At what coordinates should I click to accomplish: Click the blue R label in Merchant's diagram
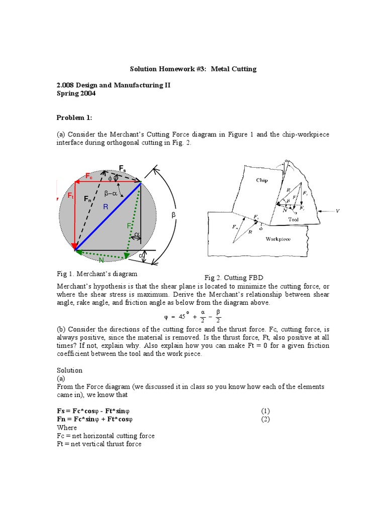(x=106, y=206)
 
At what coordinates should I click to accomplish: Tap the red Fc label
(x=88, y=176)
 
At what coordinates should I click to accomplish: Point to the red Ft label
(x=71, y=196)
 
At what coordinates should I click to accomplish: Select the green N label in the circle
(x=101, y=260)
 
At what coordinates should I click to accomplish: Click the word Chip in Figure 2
(x=262, y=180)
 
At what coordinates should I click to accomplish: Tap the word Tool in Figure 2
(x=294, y=219)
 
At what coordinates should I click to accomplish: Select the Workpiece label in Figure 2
(x=278, y=239)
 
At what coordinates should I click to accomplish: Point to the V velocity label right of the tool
(x=338, y=211)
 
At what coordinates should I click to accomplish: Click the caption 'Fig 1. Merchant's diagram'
(x=98, y=274)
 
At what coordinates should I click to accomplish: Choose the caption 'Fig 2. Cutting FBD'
(x=234, y=278)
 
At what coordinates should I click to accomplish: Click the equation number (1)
(x=266, y=410)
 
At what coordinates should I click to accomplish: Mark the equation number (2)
(x=266, y=419)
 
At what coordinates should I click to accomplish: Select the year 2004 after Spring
(x=87, y=93)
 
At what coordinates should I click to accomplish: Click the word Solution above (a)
(x=69, y=370)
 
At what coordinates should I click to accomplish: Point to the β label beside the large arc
(x=174, y=215)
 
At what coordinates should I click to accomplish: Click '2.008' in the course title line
(x=66, y=85)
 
